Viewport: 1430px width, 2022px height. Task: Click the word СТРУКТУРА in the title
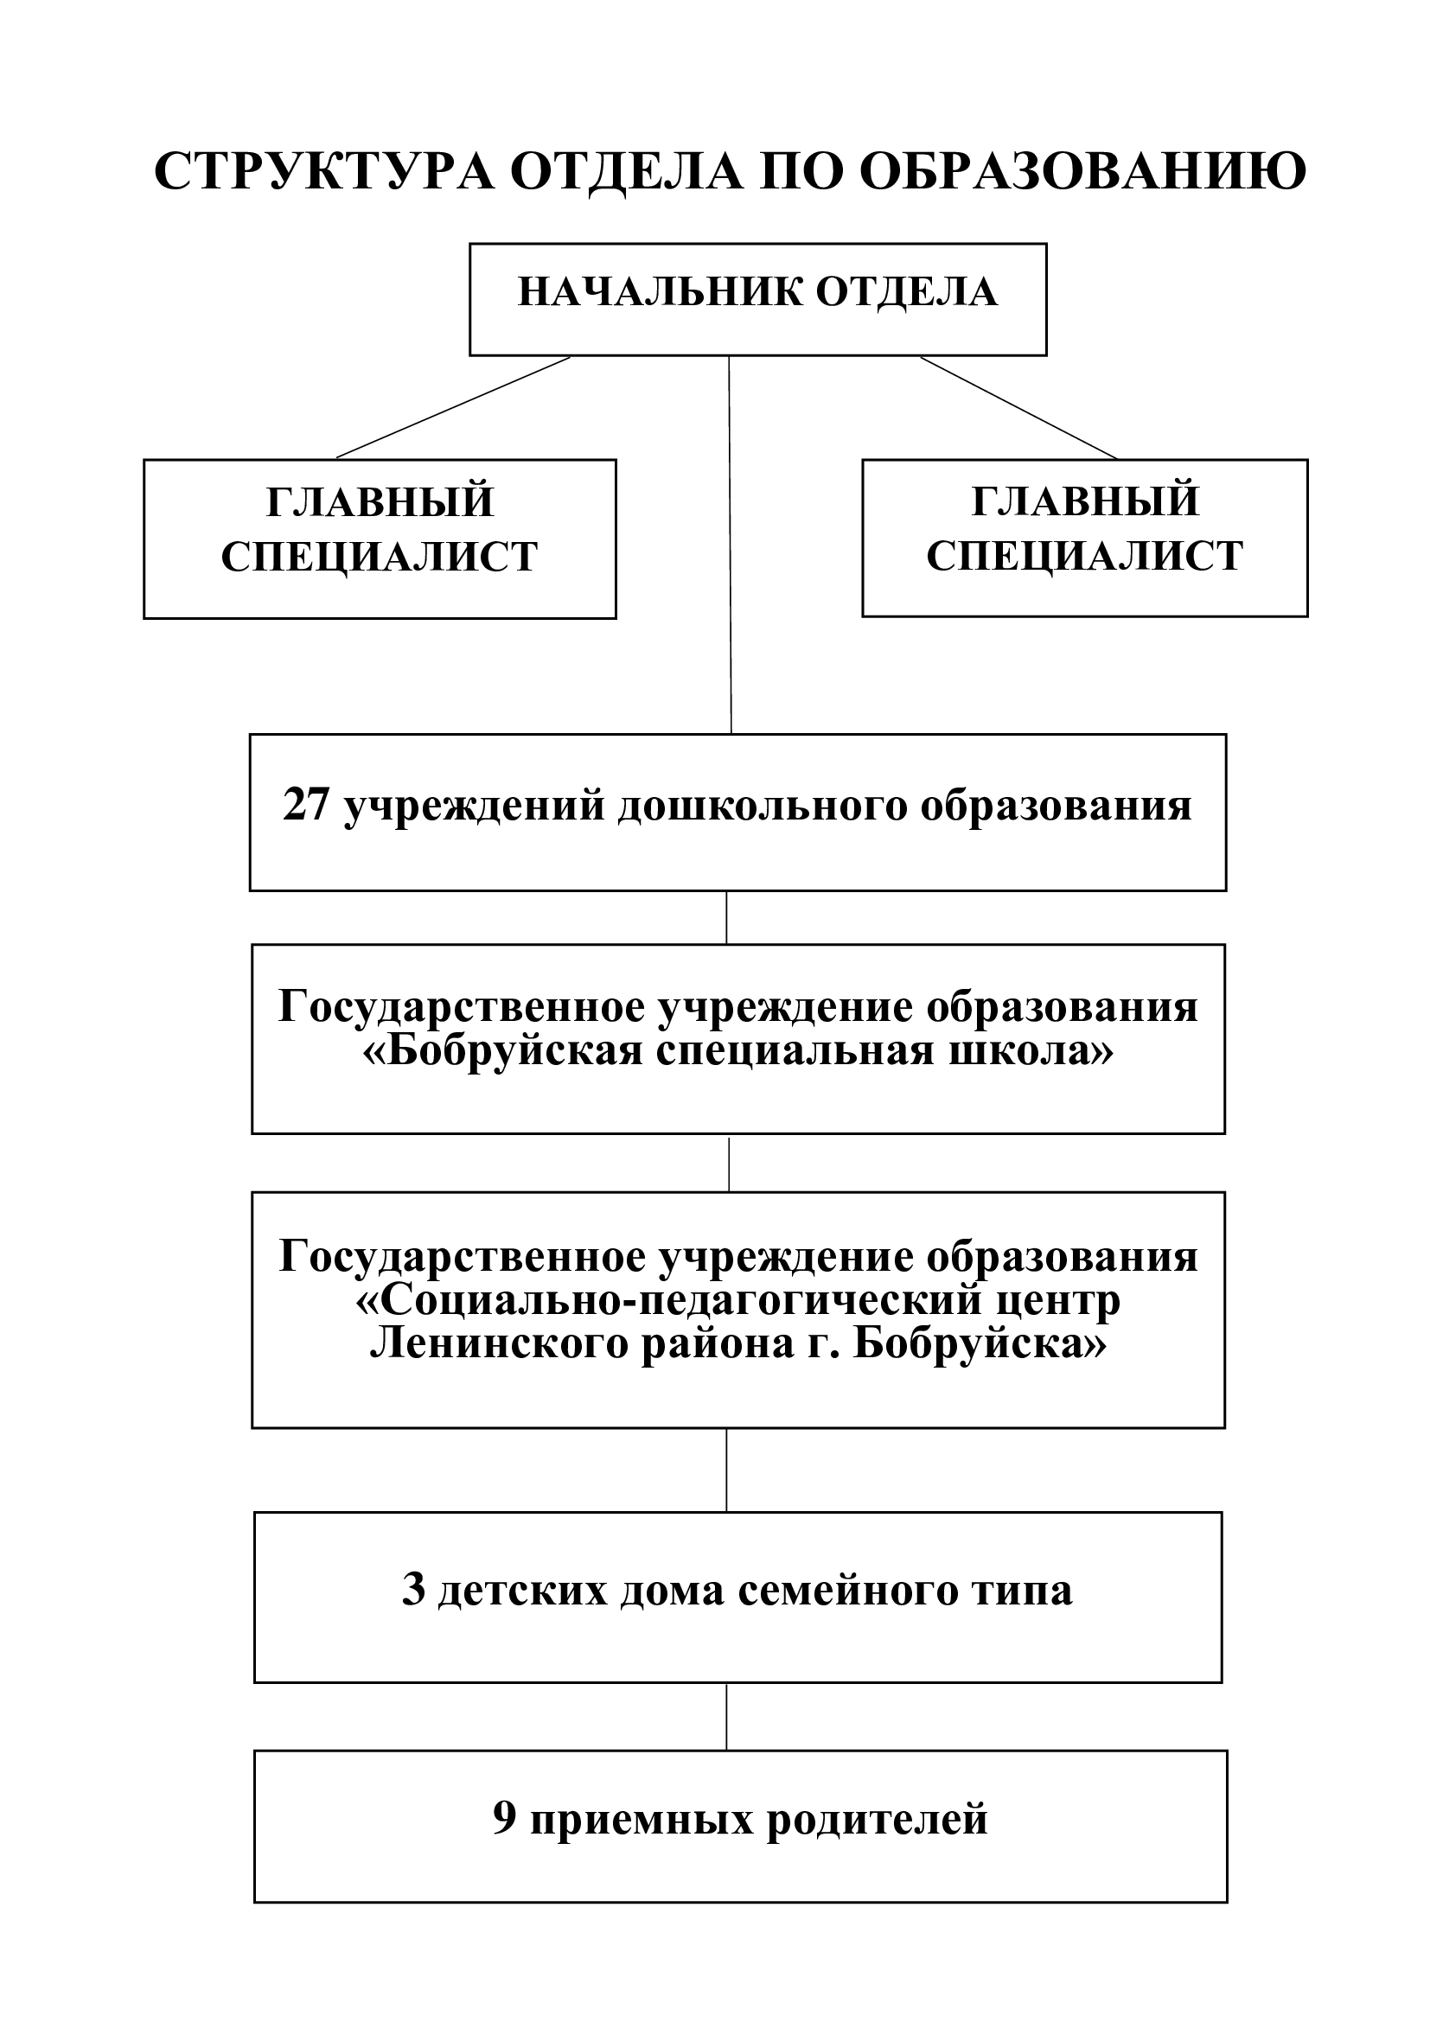tap(325, 171)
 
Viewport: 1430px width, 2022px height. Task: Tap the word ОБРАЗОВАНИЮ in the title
tap(1082, 171)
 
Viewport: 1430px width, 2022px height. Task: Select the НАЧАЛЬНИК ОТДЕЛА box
tap(758, 299)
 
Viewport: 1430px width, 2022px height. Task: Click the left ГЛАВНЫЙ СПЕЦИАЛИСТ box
tap(380, 539)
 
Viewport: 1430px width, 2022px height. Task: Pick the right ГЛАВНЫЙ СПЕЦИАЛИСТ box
tap(1085, 537)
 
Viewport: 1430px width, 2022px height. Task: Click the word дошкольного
tap(763, 807)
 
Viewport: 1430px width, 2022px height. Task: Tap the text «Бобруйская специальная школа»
tap(737, 1050)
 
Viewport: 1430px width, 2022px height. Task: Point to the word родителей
tap(878, 1820)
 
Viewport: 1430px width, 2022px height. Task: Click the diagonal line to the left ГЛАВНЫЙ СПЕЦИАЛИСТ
tap(454, 408)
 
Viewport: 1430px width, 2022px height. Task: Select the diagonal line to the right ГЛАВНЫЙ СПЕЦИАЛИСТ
tap(1018, 408)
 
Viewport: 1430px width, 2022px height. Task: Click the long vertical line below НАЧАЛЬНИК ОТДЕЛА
tap(730, 545)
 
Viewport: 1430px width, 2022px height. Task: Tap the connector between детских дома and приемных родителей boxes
tap(726, 1717)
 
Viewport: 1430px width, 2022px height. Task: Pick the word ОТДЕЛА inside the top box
tap(907, 292)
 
